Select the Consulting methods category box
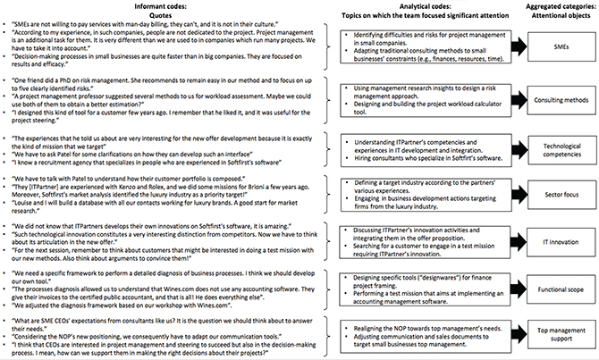click(x=558, y=98)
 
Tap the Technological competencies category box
click(x=558, y=150)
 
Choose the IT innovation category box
click(x=558, y=241)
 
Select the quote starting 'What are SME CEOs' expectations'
click(x=161, y=321)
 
